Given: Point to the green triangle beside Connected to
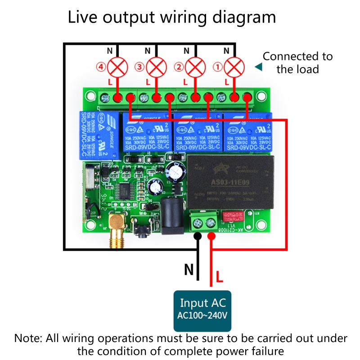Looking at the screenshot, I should pyautogui.click(x=258, y=67).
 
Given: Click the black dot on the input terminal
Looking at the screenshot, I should pyautogui.click(x=197, y=236).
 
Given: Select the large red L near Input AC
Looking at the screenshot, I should pyautogui.click(x=219, y=276).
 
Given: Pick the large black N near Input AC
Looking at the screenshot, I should pyautogui.click(x=189, y=270).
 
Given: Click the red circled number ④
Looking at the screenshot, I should pyautogui.click(x=100, y=67).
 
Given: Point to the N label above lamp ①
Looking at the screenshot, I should pyautogui.click(x=226, y=50).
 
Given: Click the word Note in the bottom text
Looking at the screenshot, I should pyautogui.click(x=27, y=338).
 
